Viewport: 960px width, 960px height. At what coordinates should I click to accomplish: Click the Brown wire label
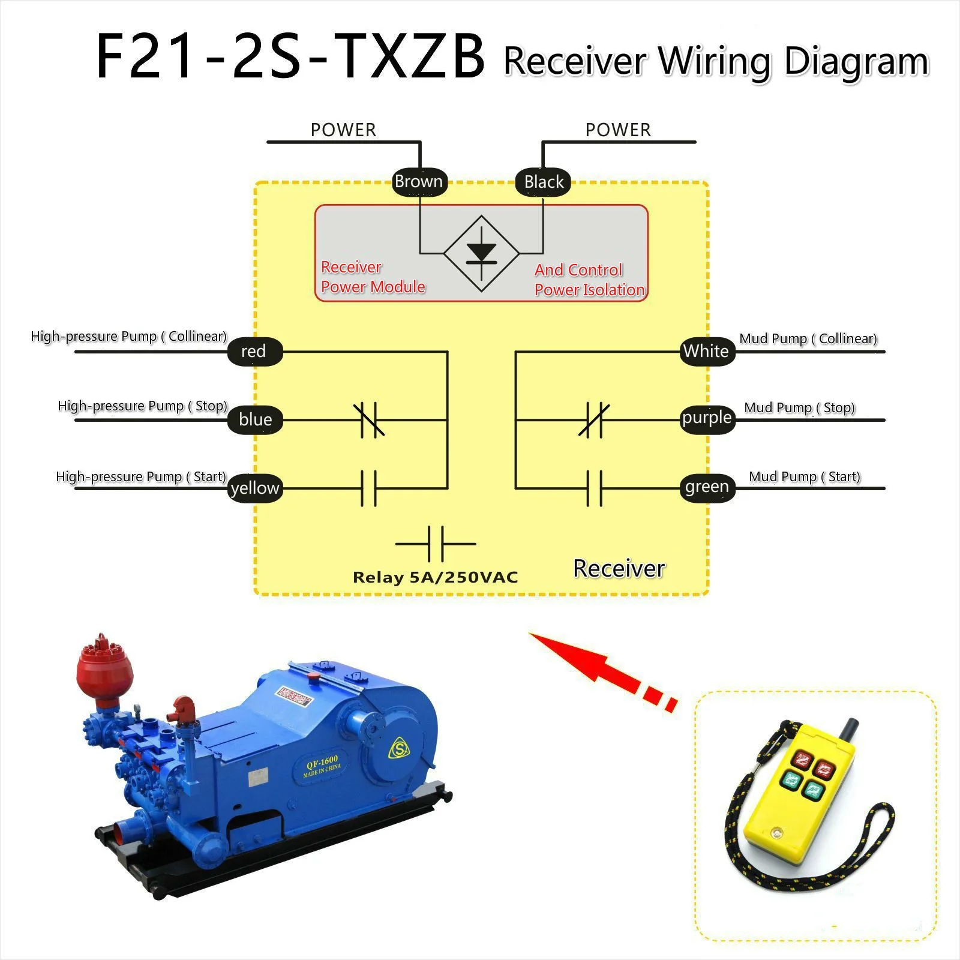tap(419, 181)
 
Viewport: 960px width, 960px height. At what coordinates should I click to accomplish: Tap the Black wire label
tap(544, 182)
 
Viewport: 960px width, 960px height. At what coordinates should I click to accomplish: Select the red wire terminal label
tap(254, 351)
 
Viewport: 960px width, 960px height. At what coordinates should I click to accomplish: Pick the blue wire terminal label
tap(256, 419)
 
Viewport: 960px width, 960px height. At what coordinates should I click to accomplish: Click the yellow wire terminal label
tap(256, 488)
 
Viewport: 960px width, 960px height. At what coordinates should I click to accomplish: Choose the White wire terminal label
tap(706, 351)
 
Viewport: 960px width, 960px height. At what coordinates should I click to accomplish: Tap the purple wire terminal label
tap(707, 418)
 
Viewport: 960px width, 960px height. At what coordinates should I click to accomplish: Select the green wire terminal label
tap(707, 487)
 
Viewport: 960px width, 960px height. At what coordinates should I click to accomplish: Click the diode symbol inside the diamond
tap(481, 252)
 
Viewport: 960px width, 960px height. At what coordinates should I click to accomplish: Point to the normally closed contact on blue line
tap(369, 419)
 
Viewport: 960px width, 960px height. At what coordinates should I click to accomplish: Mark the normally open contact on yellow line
tap(368, 488)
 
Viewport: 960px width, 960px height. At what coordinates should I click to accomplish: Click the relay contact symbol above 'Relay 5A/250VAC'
tap(436, 544)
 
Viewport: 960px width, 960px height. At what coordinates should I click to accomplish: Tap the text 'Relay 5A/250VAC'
tap(436, 577)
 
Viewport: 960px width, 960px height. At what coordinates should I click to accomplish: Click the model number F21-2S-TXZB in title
tap(290, 57)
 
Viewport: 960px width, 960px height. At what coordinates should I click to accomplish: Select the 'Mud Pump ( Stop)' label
tap(799, 408)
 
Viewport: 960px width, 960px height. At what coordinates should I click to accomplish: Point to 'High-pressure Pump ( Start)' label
tap(141, 477)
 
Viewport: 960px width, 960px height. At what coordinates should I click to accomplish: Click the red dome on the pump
tap(100, 670)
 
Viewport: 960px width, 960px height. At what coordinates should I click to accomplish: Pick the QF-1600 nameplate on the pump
tap(322, 766)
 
